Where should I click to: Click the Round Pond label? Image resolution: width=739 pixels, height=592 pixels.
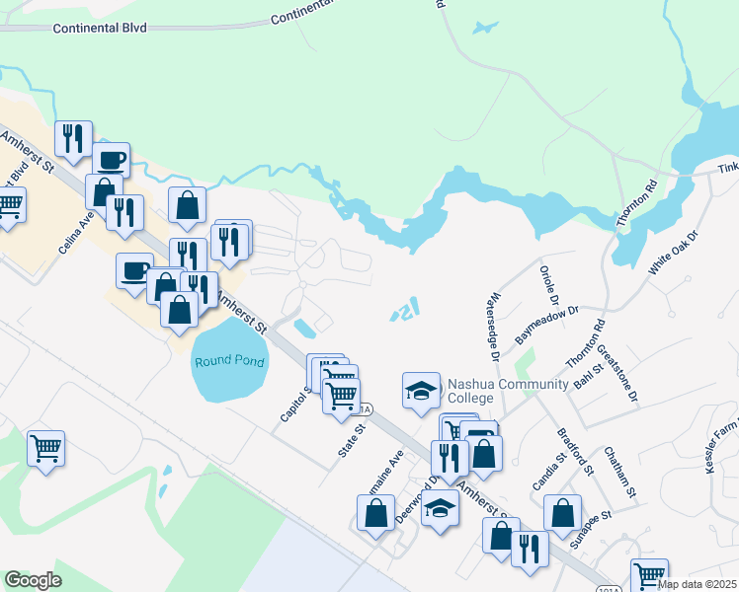coord(228,361)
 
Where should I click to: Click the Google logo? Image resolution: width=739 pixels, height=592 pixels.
coord(33,580)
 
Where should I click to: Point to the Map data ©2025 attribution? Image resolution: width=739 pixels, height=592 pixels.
coord(697,584)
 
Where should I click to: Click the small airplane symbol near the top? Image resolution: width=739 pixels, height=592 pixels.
coord(485,28)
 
